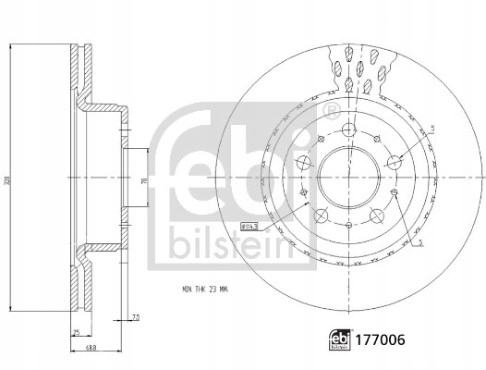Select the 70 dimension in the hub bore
142,182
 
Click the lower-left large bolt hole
319,215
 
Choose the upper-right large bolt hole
395,163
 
